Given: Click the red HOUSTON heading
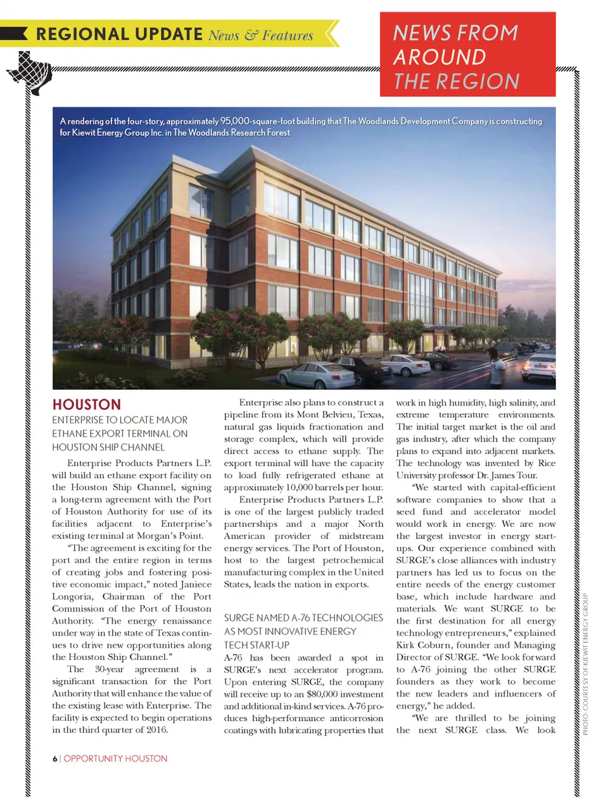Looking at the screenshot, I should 86,404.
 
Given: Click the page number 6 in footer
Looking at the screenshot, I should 55,758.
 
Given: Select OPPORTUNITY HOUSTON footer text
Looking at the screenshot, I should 115,758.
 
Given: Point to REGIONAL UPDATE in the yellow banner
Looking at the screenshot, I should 118,34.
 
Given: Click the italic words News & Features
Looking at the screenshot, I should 261,35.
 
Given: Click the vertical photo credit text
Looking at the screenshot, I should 586,664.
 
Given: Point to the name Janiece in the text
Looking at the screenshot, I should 196,584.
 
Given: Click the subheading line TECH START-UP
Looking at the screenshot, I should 256,645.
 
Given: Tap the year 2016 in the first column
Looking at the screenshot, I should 158,729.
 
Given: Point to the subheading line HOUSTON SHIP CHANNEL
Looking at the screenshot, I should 108,447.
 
